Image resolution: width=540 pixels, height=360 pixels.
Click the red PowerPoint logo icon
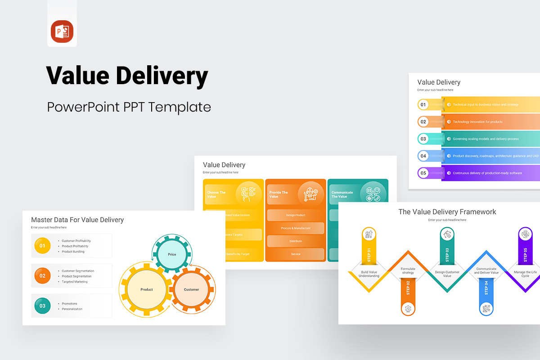(x=62, y=32)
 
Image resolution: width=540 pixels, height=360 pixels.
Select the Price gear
(x=172, y=255)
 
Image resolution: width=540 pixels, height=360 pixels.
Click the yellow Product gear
(x=147, y=289)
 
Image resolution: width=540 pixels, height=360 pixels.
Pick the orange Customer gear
(x=191, y=289)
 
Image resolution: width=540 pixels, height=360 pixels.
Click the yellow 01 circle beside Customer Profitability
(x=42, y=246)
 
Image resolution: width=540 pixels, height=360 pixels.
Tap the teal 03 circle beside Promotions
(x=42, y=306)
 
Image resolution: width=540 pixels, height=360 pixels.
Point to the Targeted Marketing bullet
(x=75, y=282)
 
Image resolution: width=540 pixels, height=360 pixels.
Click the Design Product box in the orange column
(x=296, y=215)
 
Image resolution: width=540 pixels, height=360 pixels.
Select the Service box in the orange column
(x=296, y=254)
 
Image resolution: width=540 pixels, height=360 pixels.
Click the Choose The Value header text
(x=216, y=194)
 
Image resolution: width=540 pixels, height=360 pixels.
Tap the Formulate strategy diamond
(x=408, y=271)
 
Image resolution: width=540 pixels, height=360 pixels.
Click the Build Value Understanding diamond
(x=370, y=274)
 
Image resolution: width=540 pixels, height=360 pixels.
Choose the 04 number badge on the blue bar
(x=423, y=156)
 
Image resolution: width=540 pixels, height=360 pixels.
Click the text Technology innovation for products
(x=478, y=122)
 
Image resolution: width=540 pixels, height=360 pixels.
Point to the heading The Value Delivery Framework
(x=447, y=212)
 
